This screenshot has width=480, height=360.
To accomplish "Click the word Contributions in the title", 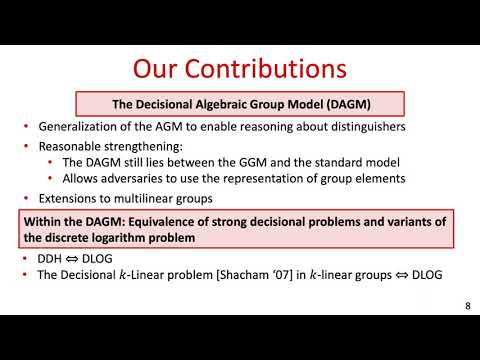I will click(270, 69).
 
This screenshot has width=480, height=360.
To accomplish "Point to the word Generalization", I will click(79, 127).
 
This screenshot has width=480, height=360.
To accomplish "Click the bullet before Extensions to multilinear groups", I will click(25, 198).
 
